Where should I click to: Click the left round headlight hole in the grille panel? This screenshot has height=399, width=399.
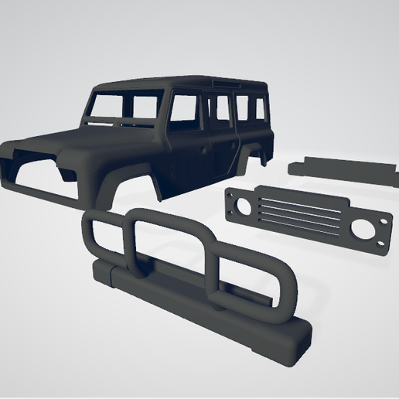coord(239,206)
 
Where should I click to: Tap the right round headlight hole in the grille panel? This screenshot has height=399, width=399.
coord(362,228)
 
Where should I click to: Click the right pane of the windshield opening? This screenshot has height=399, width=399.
coord(145,107)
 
